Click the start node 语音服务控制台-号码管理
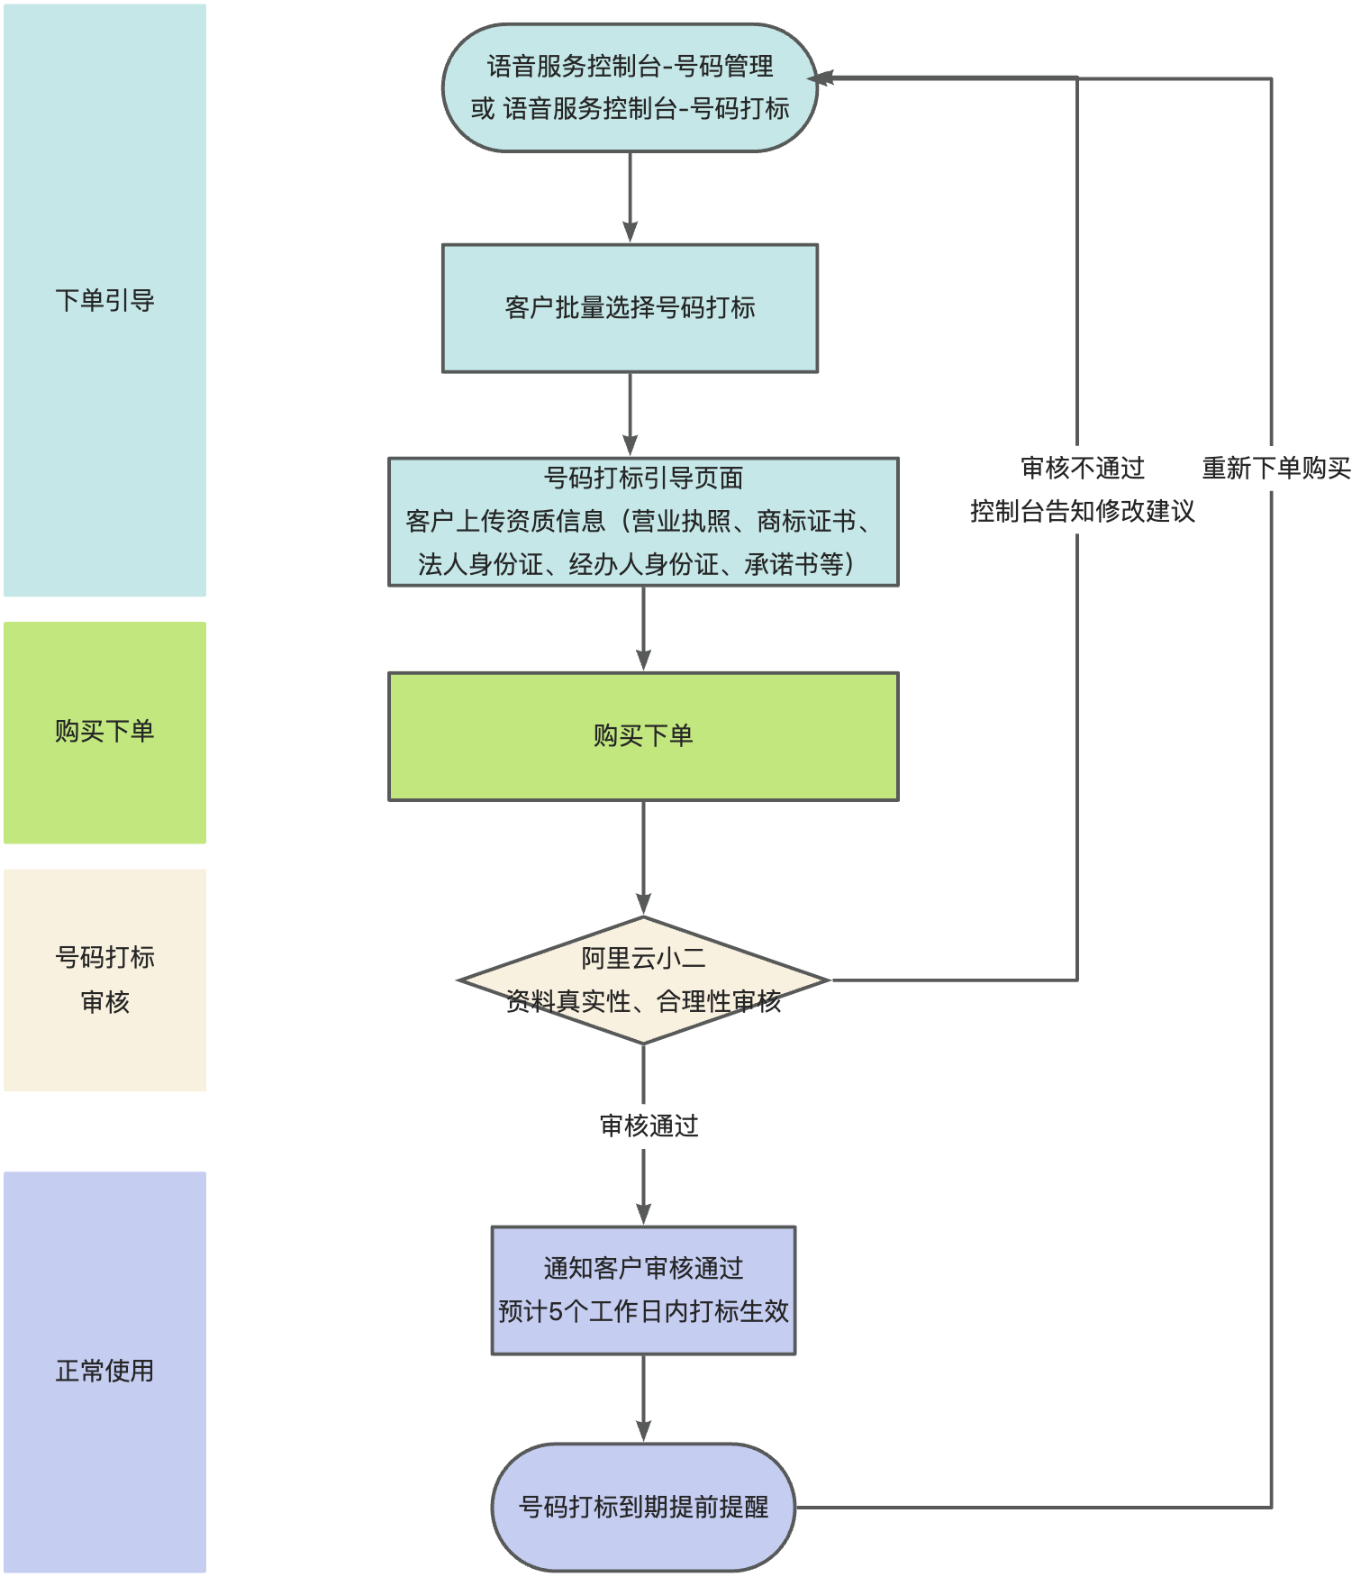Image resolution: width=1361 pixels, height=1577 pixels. pyautogui.click(x=630, y=87)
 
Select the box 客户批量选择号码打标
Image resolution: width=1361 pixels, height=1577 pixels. pyautogui.click(x=630, y=308)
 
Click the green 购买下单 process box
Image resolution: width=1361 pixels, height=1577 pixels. pyautogui.click(x=643, y=736)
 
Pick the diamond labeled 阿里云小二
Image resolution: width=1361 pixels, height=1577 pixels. pyautogui.click(x=643, y=980)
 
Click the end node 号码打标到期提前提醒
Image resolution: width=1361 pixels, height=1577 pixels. pyautogui.click(x=643, y=1507)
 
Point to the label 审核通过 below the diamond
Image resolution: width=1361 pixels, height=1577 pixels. pyautogui.click(x=649, y=1126)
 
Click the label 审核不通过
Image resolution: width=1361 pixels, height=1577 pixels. pyautogui.click(x=1083, y=468)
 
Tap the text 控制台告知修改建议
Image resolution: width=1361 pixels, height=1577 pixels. pyautogui.click(x=1083, y=511)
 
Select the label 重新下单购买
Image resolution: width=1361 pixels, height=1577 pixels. pyautogui.click(x=1275, y=468)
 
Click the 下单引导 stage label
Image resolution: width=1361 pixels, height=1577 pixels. pyautogui.click(x=104, y=300)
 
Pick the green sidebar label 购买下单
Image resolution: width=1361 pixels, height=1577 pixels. pyautogui.click(x=104, y=731)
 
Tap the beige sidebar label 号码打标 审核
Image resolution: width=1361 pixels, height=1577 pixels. pyautogui.click(x=104, y=979)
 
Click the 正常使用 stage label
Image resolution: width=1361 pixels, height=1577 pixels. pyautogui.click(x=104, y=1371)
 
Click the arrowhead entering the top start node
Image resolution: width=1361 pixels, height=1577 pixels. pyautogui.click(x=821, y=78)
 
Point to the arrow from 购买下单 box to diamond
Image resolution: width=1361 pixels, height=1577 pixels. pyautogui.click(x=643, y=856)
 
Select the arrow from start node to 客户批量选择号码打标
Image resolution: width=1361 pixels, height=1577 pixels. pyautogui.click(x=630, y=198)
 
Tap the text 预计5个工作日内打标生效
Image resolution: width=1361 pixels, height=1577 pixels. pyautogui.click(x=643, y=1311)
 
